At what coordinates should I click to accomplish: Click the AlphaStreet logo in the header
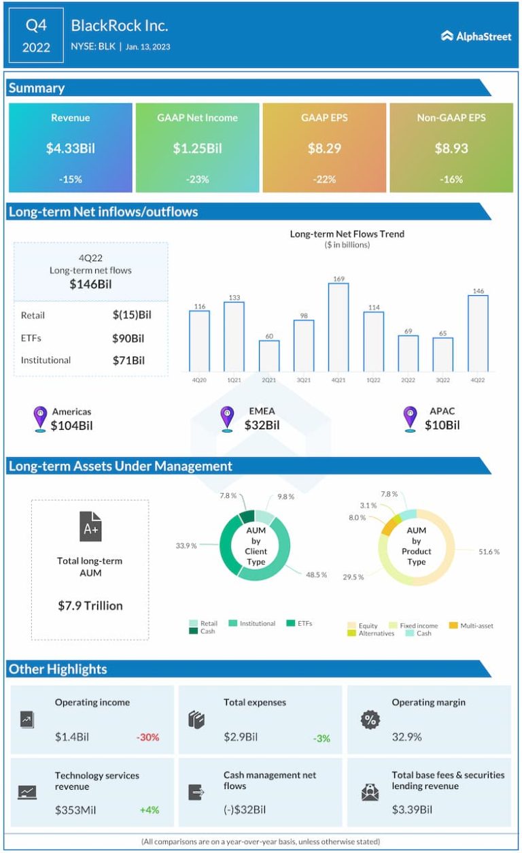click(x=476, y=36)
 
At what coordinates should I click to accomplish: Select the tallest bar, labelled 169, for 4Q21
click(x=338, y=327)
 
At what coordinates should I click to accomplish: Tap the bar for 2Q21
click(x=268, y=356)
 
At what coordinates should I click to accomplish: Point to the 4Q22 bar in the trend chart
click(x=478, y=333)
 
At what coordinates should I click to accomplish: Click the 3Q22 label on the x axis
click(x=442, y=380)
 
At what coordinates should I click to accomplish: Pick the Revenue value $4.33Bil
click(x=71, y=148)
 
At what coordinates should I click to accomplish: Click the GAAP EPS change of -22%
click(x=324, y=180)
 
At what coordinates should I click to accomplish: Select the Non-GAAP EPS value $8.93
click(x=451, y=148)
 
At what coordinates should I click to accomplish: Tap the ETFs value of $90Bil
click(x=128, y=338)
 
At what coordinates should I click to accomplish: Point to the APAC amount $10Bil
click(x=442, y=426)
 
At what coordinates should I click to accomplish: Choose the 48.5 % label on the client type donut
click(x=316, y=575)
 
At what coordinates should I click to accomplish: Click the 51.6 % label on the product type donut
click(x=489, y=552)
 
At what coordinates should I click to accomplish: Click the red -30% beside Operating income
click(x=147, y=737)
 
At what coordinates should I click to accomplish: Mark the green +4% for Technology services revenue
click(x=150, y=810)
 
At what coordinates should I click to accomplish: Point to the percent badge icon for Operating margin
click(x=370, y=720)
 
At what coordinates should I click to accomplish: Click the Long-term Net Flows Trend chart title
click(x=347, y=234)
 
